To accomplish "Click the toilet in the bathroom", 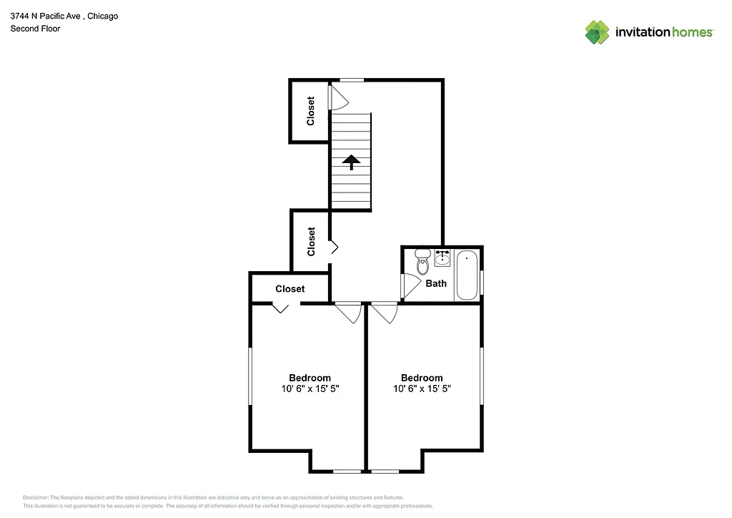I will point(422,264).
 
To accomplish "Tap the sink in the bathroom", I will point(442,257).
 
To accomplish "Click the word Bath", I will point(436,283).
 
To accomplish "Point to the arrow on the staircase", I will point(350,162).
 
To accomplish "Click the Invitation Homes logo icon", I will point(597,32).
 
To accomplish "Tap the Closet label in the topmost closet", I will point(311,111).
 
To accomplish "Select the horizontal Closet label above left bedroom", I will point(290,289).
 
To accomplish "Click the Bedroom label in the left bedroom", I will point(310,378).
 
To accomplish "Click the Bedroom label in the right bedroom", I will point(422,378).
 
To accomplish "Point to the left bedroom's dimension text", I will point(310,389).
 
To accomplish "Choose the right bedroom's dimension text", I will point(422,389).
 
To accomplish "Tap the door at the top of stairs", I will point(337,97).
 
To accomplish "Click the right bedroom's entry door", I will point(384,313).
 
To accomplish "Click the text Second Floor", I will point(35,29).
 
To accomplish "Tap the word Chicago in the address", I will point(102,16).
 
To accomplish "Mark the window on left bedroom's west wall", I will point(250,376).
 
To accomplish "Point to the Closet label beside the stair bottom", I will point(312,241).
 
